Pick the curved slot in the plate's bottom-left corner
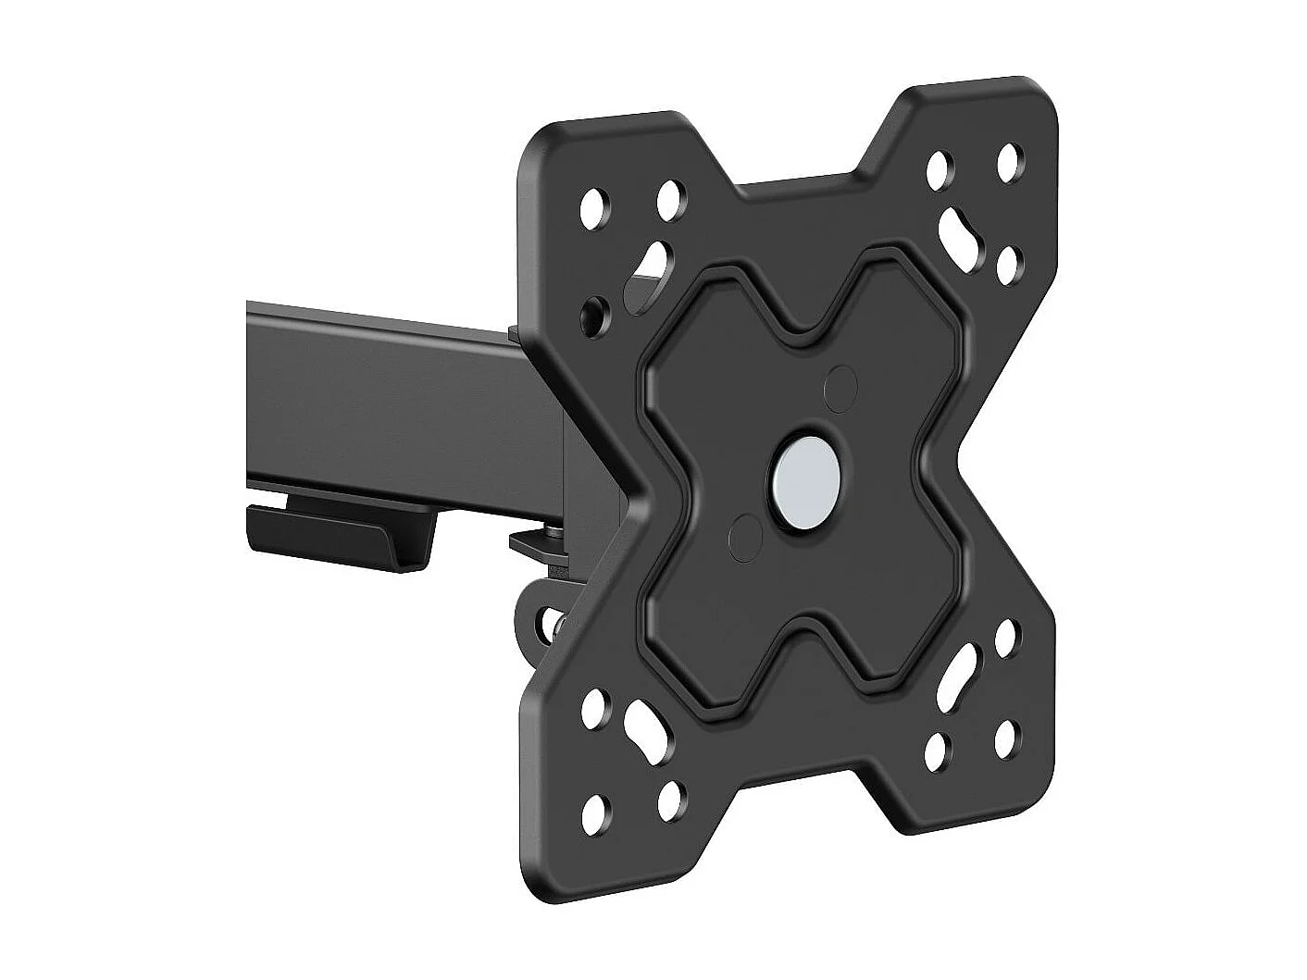coord(646,728)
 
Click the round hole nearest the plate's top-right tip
coord(1011,160)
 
